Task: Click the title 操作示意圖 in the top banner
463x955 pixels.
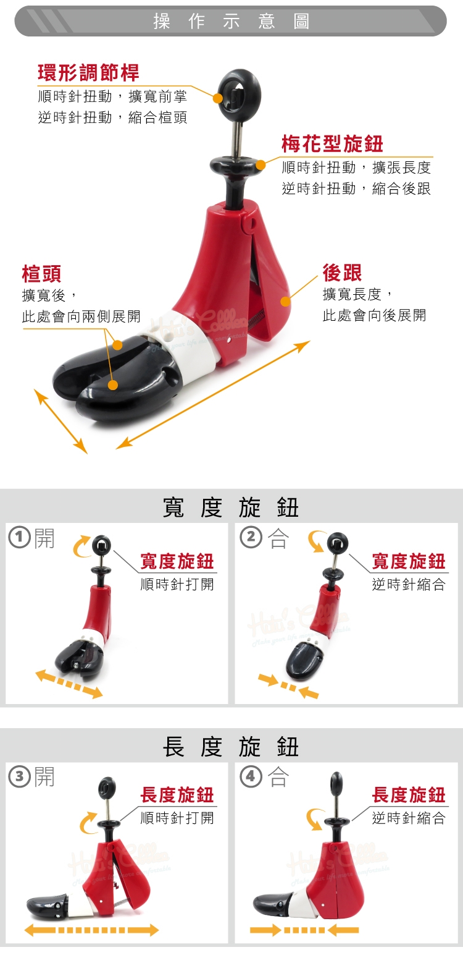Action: tap(231, 21)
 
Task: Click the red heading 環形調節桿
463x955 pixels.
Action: tap(89, 72)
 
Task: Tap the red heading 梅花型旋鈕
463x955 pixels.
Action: tap(332, 143)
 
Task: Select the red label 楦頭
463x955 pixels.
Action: tap(42, 273)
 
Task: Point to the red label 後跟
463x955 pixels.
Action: tap(342, 273)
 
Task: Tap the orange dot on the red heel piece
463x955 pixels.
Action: tap(286, 302)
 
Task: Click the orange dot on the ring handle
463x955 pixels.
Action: tap(218, 98)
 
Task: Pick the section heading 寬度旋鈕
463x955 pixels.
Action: tap(231, 507)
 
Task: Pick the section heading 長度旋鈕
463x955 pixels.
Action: tap(231, 747)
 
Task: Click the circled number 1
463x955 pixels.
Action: tap(19, 537)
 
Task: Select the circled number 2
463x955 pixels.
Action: tap(251, 537)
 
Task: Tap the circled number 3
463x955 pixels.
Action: tap(19, 776)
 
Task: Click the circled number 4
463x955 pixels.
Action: tap(251, 776)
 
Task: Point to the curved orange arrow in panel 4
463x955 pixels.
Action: tap(312, 819)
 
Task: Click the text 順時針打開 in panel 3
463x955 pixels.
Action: tap(177, 818)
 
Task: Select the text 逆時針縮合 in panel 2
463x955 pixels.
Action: tap(409, 584)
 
